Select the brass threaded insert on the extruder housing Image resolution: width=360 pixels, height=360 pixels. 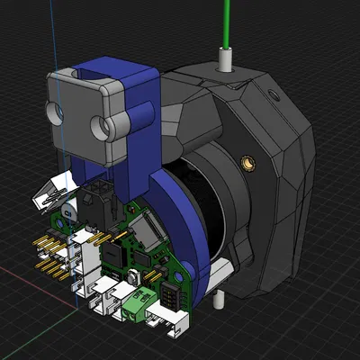tap(247, 164)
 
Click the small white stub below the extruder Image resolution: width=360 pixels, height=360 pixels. tap(220, 298)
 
